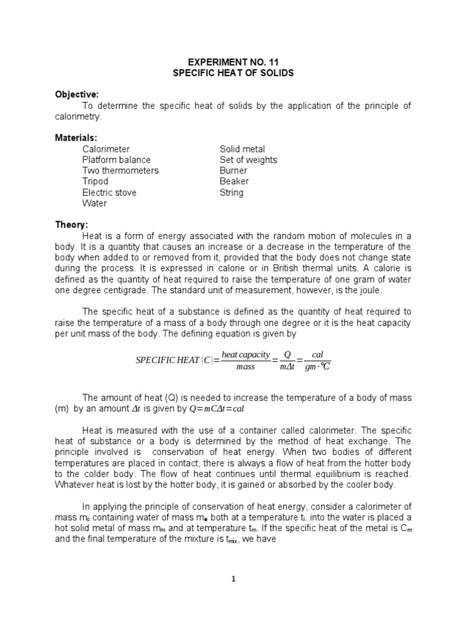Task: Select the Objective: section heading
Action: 77,94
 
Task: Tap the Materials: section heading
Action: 76,138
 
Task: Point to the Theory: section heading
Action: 72,225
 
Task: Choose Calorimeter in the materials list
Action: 106,149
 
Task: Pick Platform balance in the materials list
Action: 117,160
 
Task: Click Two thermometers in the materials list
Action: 120,171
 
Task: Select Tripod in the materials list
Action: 95,181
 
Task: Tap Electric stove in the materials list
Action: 109,193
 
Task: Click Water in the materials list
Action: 95,203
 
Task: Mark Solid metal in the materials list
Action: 242,149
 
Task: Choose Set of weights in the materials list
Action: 248,160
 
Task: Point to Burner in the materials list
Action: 234,171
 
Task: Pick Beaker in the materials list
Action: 234,181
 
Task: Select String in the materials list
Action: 232,193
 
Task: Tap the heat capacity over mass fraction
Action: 246,360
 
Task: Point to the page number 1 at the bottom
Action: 234,579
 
